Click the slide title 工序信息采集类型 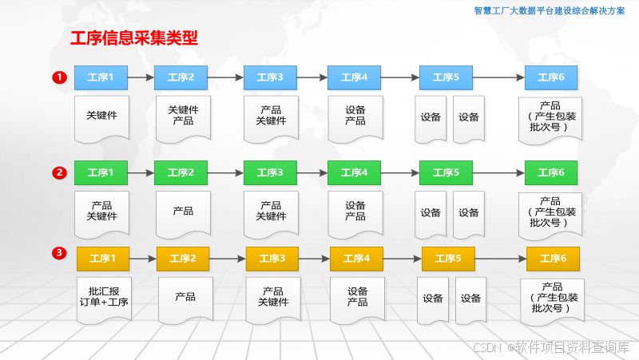[x=134, y=38]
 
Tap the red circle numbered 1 [x=59, y=77]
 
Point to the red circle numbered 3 [x=59, y=254]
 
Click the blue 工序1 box [x=101, y=77]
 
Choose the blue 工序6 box [x=551, y=77]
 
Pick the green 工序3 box [x=270, y=172]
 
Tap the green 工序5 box [x=446, y=172]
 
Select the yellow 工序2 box [x=183, y=259]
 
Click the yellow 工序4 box [x=356, y=259]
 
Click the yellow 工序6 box [x=553, y=259]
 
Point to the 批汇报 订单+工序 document [x=104, y=297]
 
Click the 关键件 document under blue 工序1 [x=101, y=116]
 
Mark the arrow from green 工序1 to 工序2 [x=141, y=172]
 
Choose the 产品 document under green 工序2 [x=183, y=212]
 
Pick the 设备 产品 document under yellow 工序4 [x=357, y=297]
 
